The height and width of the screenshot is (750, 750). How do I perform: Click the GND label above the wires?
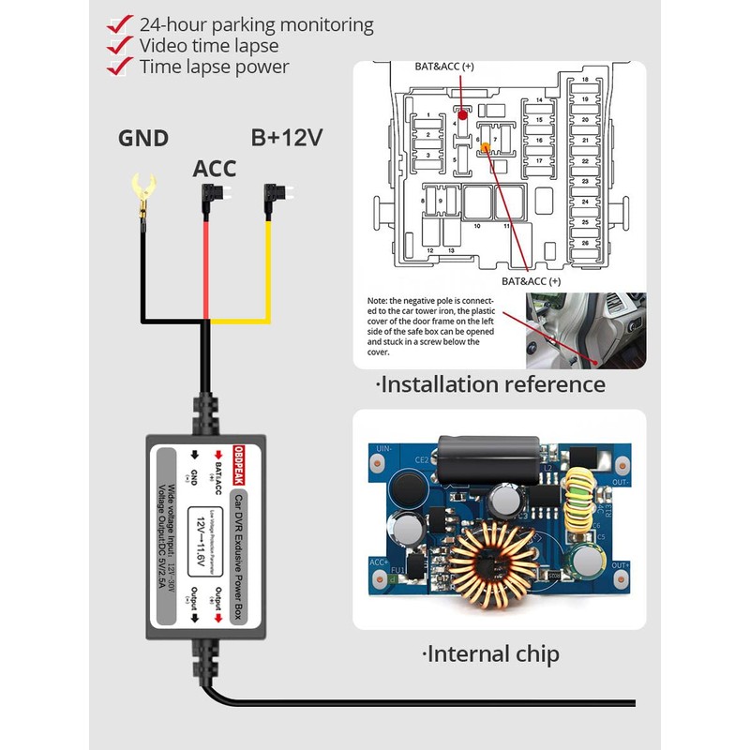(142, 139)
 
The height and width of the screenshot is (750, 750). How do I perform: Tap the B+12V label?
(286, 139)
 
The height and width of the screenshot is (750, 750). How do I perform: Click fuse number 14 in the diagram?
(539, 100)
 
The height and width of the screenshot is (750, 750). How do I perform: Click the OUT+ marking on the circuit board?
(619, 566)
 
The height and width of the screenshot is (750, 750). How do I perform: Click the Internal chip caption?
(492, 653)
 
